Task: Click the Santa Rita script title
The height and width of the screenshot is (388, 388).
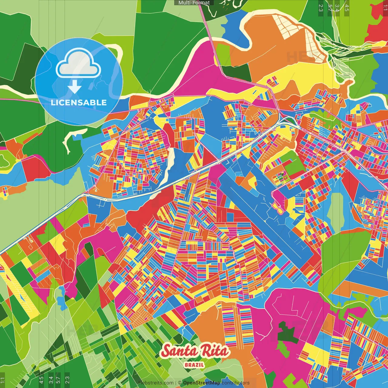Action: pyautogui.click(x=195, y=351)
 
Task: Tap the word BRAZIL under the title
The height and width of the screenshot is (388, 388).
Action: pyautogui.click(x=194, y=365)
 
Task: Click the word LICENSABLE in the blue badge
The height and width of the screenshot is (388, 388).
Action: pyautogui.click(x=79, y=102)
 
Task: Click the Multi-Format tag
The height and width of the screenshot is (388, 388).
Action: pyautogui.click(x=194, y=3)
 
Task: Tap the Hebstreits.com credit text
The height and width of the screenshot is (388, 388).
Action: pyautogui.click(x=156, y=383)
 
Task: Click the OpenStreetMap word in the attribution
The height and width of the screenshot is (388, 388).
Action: pyautogui.click(x=201, y=383)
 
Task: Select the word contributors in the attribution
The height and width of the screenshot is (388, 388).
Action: pyautogui.click(x=236, y=383)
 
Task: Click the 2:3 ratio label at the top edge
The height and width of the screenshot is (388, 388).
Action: pyautogui.click(x=321, y=8)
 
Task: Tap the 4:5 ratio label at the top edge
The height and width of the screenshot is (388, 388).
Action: pyautogui.click(x=347, y=8)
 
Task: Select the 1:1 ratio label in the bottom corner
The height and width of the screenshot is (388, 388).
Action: pyautogui.click(x=3, y=380)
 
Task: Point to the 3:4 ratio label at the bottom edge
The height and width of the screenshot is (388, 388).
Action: pyautogui.click(x=51, y=380)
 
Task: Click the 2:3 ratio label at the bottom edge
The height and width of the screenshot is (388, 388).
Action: pyautogui.click(x=67, y=380)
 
